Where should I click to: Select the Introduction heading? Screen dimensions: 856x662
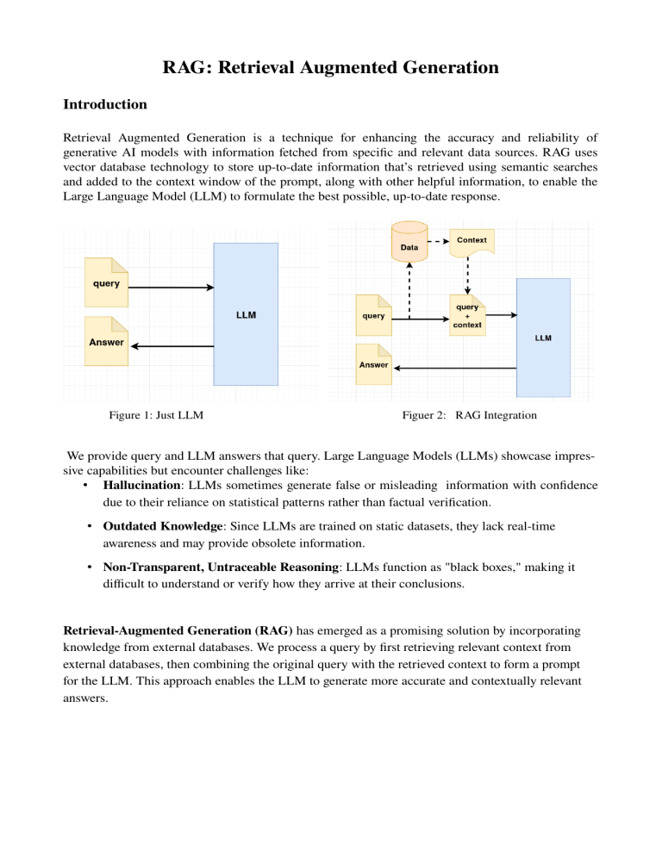pos(105,104)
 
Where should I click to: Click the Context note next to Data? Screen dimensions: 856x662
pos(471,240)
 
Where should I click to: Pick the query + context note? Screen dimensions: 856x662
pos(466,315)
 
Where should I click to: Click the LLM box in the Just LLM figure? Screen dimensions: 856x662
pos(246,314)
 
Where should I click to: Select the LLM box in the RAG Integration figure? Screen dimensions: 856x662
pos(543,338)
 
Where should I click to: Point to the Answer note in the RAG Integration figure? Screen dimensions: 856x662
pos(373,364)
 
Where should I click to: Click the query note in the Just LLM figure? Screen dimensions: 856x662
pos(107,282)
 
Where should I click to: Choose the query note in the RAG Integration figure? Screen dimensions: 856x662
pos(373,315)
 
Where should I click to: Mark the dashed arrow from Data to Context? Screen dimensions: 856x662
pos(436,240)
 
